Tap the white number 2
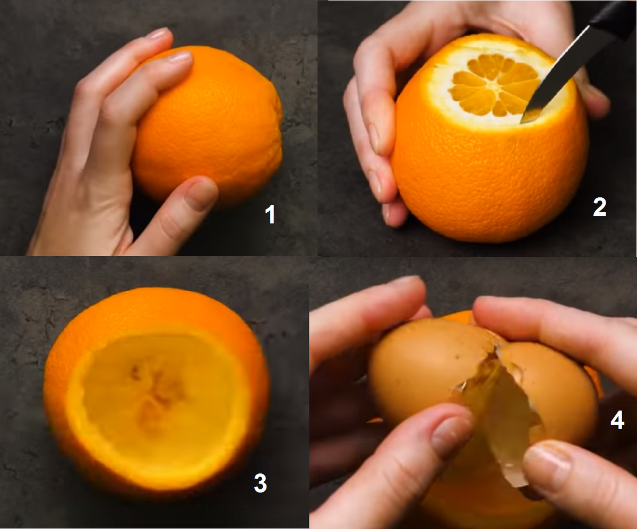[x=599, y=207]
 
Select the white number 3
[x=260, y=483]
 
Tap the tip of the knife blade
[x=521, y=123]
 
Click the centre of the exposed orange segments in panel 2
[x=495, y=85]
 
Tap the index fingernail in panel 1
[x=180, y=57]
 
